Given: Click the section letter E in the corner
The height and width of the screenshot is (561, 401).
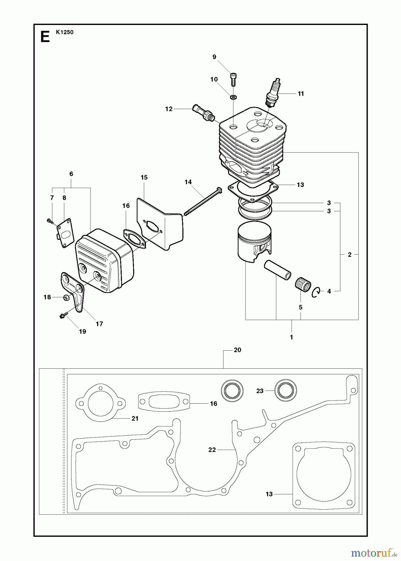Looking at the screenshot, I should [x=45, y=37].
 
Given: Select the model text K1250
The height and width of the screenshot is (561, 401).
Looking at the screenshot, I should [x=65, y=32].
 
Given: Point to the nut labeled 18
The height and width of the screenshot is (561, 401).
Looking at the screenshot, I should [x=66, y=297].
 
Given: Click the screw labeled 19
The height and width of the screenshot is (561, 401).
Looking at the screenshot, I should [x=62, y=316].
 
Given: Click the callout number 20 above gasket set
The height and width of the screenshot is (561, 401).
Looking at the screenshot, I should [x=237, y=350].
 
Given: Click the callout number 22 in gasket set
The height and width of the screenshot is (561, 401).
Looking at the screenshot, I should [x=212, y=450].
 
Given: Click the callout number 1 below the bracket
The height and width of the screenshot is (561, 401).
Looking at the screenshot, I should [x=291, y=337].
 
